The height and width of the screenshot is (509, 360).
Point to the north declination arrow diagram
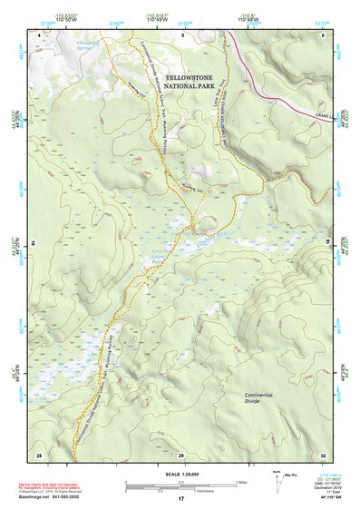pos(278,483)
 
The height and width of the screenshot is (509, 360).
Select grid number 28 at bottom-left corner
pos(39,454)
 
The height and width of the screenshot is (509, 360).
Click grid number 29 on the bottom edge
pos(181,454)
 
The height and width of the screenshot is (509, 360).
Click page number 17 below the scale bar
pos(180,499)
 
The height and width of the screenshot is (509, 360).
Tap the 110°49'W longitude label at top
pos(157,19)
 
